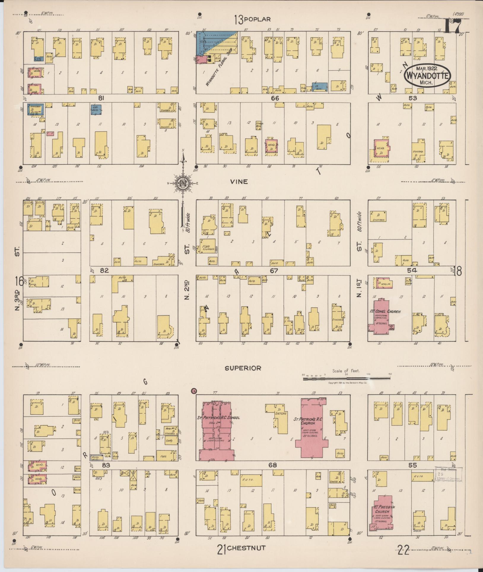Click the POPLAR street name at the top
coord(257,20)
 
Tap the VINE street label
coord(239,182)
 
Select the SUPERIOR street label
coord(243,368)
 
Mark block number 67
coord(274,270)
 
